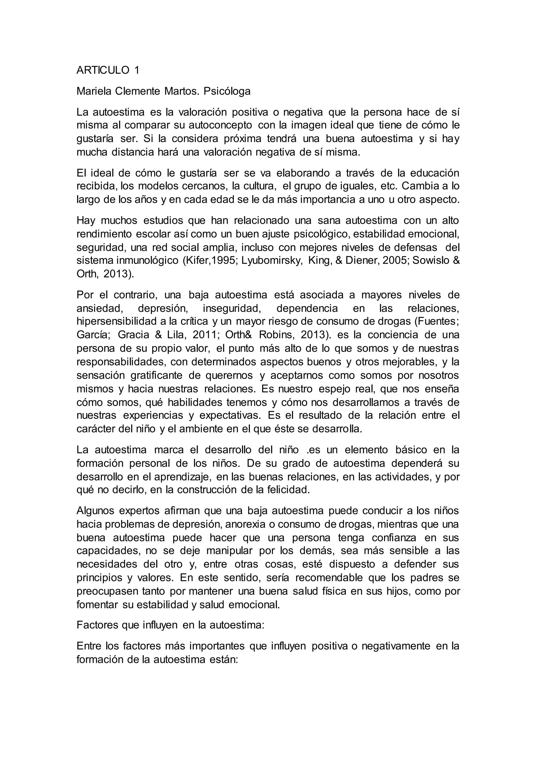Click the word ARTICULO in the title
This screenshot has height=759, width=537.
pyautogui.click(x=103, y=70)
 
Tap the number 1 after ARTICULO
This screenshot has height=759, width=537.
pyautogui.click(x=137, y=70)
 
